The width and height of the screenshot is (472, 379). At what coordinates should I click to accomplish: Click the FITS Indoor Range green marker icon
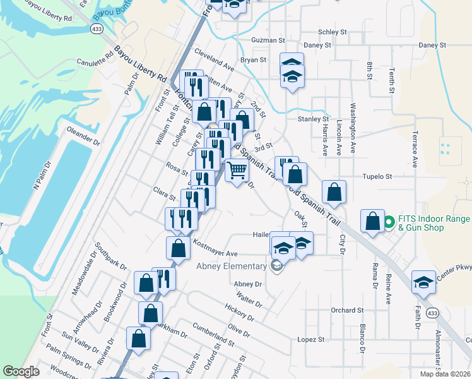coord(389,222)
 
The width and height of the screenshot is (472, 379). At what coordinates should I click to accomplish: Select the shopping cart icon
coord(237,171)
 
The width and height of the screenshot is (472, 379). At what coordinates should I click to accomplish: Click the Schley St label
coord(333,32)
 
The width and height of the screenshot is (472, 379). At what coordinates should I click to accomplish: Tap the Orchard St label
coord(347,310)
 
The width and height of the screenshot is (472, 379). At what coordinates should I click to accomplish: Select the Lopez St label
coord(310,339)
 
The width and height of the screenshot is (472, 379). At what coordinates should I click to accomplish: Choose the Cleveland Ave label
coord(215,61)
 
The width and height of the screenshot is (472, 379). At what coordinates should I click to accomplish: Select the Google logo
coord(21,371)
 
